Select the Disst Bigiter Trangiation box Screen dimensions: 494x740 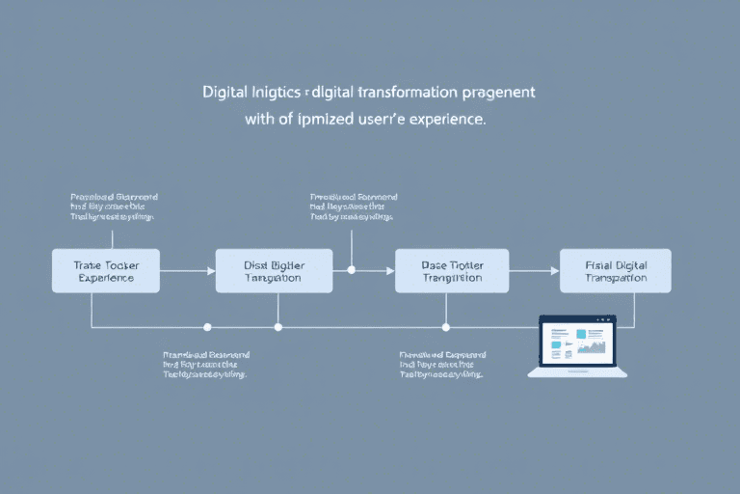pos(275,270)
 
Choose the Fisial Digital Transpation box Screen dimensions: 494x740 pos(616,270)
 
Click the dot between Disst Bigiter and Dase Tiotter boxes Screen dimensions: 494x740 pos(351,270)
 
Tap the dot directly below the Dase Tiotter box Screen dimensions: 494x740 pos(445,327)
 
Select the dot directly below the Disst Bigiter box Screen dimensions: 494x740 pos(277,327)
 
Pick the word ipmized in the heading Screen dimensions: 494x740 pos(310,121)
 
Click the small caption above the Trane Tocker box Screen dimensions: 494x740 pos(113,206)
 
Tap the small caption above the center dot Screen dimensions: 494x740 pos(353,206)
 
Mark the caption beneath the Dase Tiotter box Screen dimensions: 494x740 pos(441,365)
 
